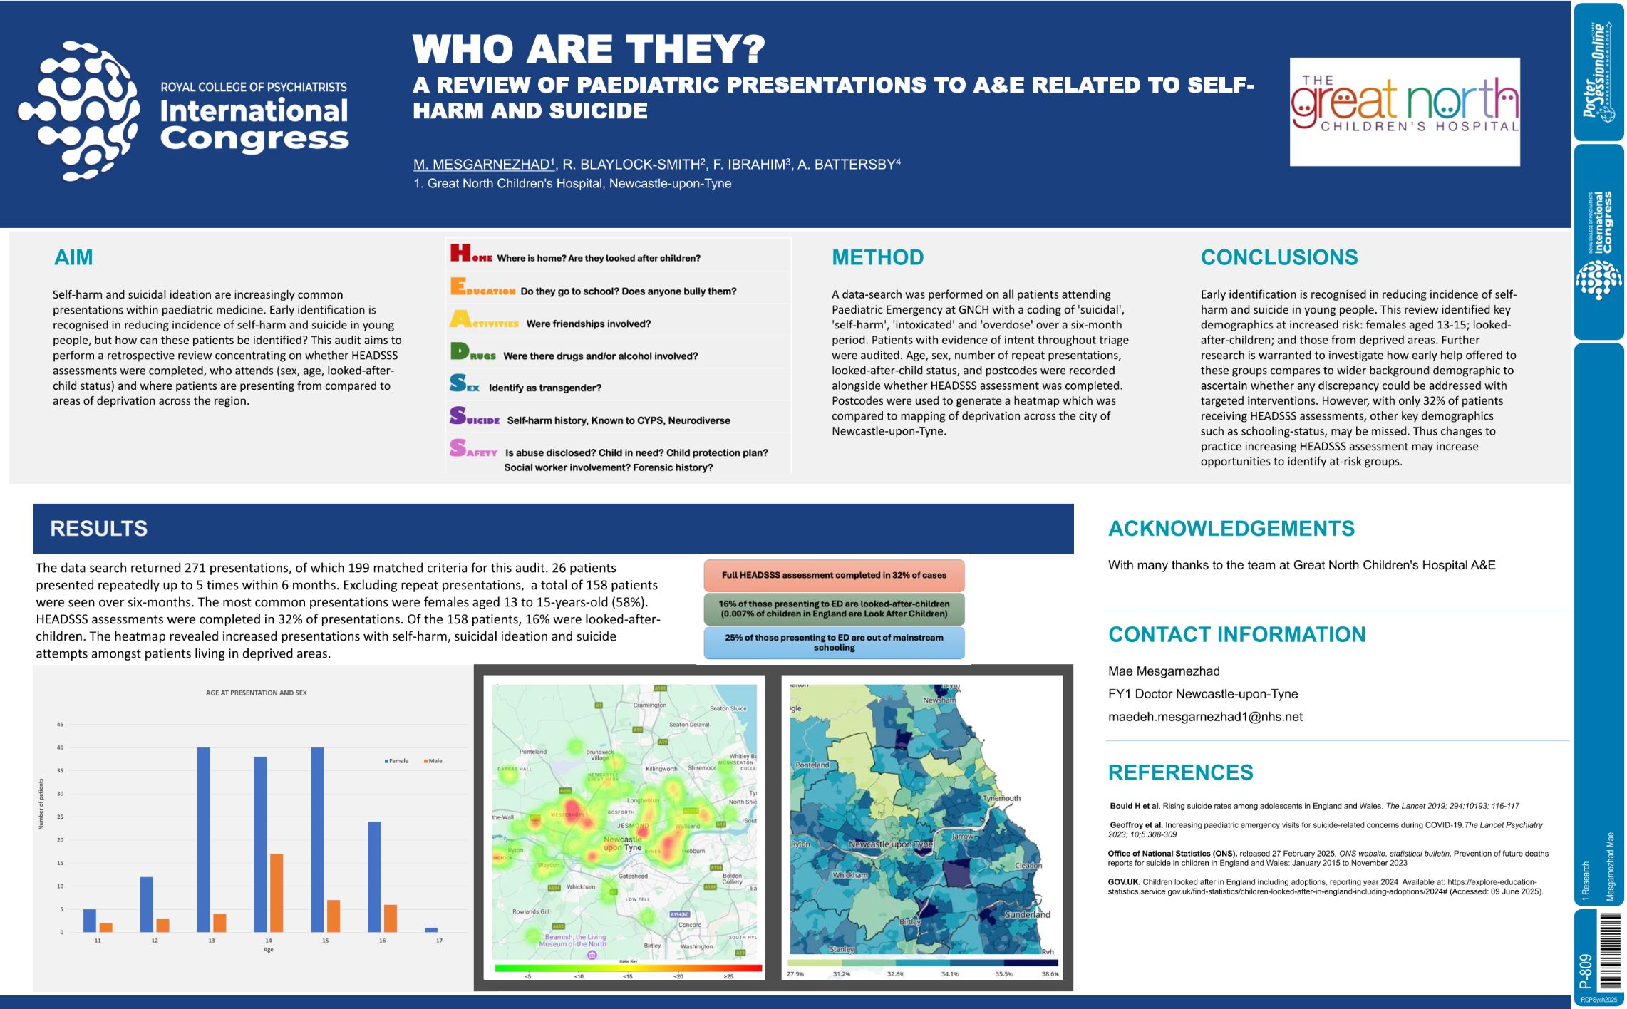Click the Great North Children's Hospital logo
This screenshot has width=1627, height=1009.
click(x=1404, y=112)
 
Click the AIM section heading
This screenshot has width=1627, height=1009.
click(x=73, y=257)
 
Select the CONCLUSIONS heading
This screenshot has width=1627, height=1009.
click(x=1279, y=257)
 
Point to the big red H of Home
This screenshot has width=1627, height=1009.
click(x=460, y=252)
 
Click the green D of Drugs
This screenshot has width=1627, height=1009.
click(x=460, y=351)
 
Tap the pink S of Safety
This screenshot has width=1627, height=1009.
click(x=458, y=448)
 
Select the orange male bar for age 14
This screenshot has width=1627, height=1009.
click(x=277, y=892)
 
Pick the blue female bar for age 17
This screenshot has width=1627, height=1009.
click(x=431, y=930)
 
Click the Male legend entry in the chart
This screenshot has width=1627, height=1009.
click(x=433, y=761)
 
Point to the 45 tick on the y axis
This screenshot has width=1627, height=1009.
click(x=61, y=725)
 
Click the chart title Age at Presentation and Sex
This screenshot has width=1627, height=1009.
click(x=257, y=693)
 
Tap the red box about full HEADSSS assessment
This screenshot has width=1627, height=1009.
click(x=834, y=575)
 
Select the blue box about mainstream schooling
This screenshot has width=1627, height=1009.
click(x=834, y=643)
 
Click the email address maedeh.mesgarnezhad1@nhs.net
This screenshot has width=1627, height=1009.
click(x=1205, y=717)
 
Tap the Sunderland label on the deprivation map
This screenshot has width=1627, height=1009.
click(x=1027, y=914)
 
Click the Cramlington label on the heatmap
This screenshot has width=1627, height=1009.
click(x=649, y=705)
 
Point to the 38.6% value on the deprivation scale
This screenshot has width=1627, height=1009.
click(x=1050, y=973)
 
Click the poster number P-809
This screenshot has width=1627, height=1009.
click(x=1586, y=971)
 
